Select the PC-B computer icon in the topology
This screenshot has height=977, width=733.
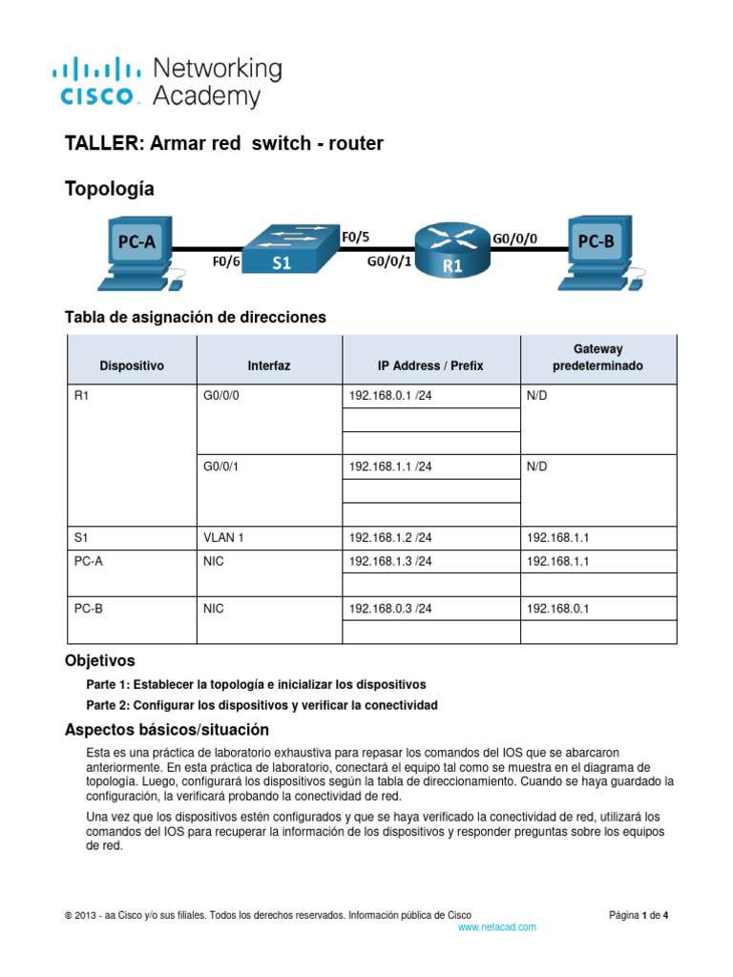click(596, 250)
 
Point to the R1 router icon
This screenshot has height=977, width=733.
click(451, 251)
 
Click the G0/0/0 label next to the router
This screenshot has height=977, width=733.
click(514, 240)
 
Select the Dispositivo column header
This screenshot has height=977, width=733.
click(132, 365)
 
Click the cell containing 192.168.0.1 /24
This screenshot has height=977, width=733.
click(390, 396)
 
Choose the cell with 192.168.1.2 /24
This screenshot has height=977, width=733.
click(390, 537)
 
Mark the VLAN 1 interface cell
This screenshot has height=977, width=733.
click(223, 537)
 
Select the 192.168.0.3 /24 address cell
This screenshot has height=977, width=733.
click(390, 609)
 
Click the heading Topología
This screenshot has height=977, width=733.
click(109, 190)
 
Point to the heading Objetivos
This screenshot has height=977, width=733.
click(99, 660)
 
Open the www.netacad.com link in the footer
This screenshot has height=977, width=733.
click(496, 926)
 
